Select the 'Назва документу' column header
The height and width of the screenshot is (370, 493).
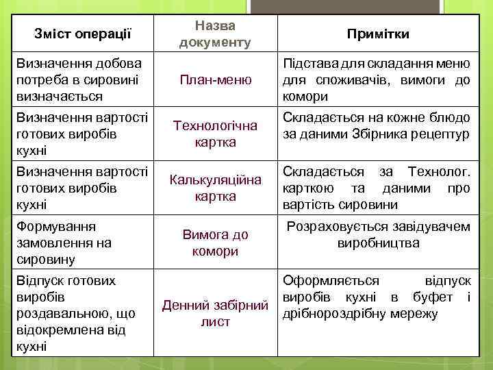coord(214,34)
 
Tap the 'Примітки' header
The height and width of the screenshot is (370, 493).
coord(378,34)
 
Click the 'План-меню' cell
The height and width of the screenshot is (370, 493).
coord(215,80)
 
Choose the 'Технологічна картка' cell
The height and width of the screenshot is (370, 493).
coord(215,134)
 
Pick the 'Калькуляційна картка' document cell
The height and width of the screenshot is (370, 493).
coord(215,188)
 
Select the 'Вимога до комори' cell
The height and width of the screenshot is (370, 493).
coord(215,243)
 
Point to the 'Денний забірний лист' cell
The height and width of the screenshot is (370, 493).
coord(215,313)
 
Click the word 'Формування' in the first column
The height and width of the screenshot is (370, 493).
coord(56,226)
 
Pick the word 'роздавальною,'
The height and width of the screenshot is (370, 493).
coord(62,314)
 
